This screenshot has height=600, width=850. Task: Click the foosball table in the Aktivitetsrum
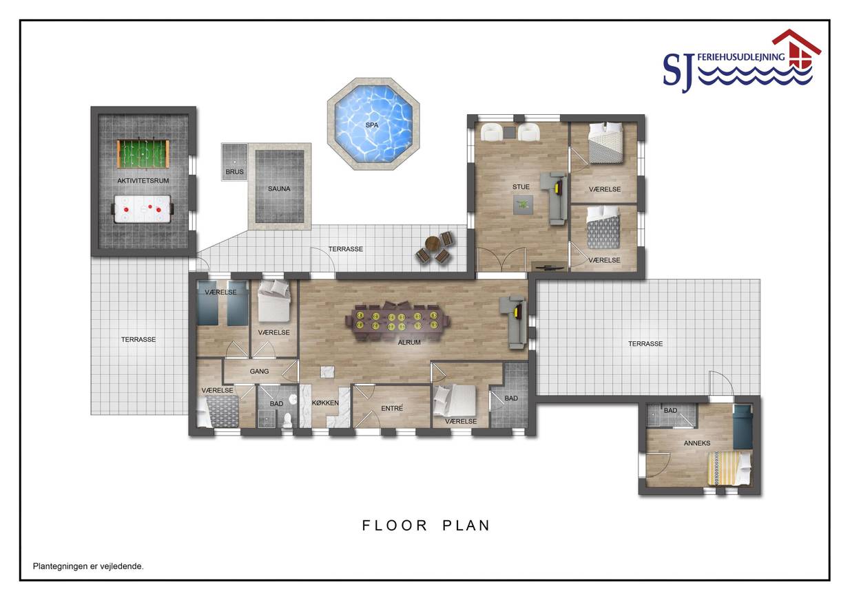pos(143,154)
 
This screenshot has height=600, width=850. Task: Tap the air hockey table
pos(143,208)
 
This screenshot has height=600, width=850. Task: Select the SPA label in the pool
pos(371,125)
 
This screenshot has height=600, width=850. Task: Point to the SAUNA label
pos(279,189)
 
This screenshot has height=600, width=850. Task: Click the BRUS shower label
pos(234,172)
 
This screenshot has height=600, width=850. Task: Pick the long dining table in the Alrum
pos(397,321)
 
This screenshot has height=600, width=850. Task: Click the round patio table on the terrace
pos(433,243)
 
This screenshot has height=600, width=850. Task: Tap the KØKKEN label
pos(325,403)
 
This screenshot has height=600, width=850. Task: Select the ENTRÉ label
pos(392,408)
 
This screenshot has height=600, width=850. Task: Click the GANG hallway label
pos(259,372)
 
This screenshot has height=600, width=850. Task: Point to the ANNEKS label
pos(697,443)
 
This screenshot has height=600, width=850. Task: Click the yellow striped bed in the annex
pos(729,468)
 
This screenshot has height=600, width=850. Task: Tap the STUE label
pos(521,187)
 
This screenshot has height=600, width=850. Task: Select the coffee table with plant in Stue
pos(523,205)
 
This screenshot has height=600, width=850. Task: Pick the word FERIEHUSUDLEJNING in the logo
pos(740,57)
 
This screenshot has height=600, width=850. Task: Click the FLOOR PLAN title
pos(426,526)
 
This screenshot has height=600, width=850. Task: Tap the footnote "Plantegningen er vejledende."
pos(88,566)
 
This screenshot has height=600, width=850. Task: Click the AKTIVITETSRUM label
pos(143,181)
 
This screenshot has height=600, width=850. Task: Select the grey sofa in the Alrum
pos(514,322)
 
